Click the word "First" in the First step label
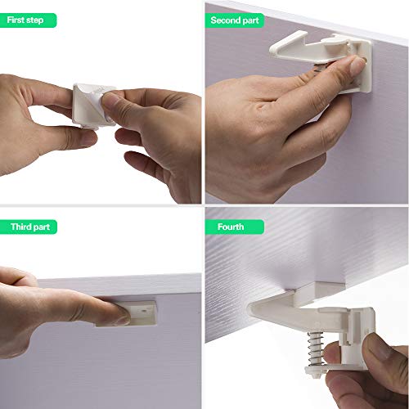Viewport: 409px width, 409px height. pyautogui.click(x=16, y=19)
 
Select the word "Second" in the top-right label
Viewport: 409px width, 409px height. pyautogui.click(x=225, y=19)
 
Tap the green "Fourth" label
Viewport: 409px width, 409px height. pyautogui.click(x=230, y=226)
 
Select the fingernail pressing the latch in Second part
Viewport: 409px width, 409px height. pyautogui.click(x=354, y=65)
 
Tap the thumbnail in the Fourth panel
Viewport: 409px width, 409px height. pyautogui.click(x=330, y=353)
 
